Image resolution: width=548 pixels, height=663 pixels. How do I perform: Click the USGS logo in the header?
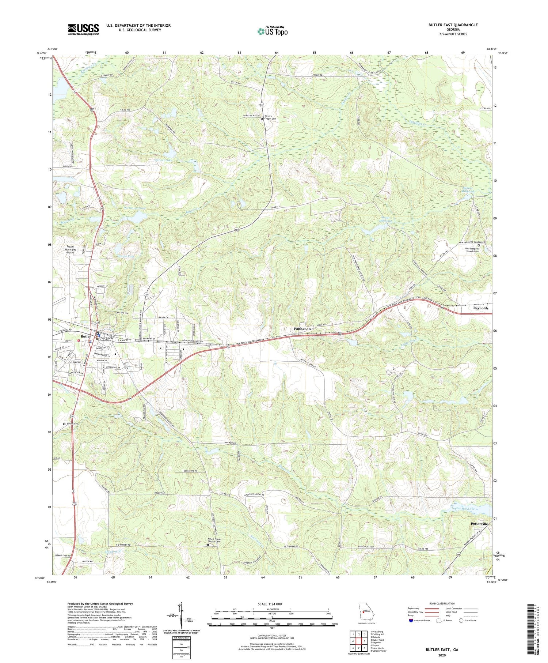click(x=83, y=29)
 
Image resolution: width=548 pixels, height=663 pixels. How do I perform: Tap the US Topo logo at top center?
click(x=272, y=31)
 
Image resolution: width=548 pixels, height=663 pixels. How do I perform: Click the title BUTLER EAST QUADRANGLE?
click(x=453, y=25)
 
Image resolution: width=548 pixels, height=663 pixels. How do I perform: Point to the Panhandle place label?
click(x=303, y=329)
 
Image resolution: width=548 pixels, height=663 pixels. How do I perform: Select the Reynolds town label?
click(x=480, y=308)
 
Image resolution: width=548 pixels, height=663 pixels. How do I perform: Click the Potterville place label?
click(x=479, y=524)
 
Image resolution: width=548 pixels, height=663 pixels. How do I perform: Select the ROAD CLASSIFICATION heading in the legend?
click(x=442, y=603)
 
